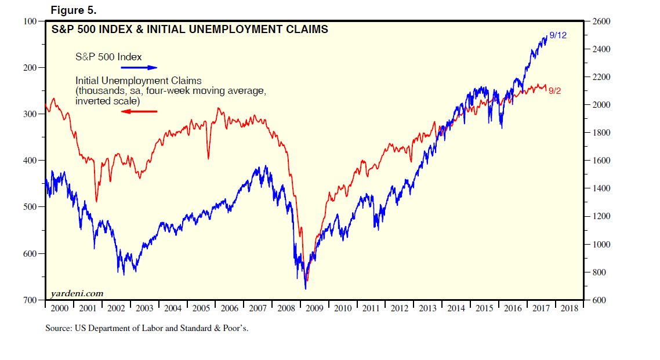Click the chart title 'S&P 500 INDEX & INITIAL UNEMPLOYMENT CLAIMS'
tap(190, 28)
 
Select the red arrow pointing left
tap(139, 111)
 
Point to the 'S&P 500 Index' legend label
tap(108, 57)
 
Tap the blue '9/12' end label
tap(557, 35)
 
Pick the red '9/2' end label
tap(556, 90)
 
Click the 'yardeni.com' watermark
tap(77, 293)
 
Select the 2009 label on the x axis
tap(314, 309)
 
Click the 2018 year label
tap(568, 309)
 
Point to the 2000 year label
tap(60, 309)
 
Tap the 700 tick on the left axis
tap(30, 300)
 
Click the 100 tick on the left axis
tap(30, 21)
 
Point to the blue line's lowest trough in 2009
tap(305, 289)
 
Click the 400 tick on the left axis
tap(30, 161)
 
